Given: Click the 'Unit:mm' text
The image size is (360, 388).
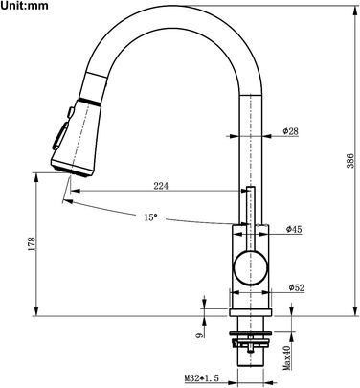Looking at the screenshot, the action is pyautogui.click(x=24, y=6).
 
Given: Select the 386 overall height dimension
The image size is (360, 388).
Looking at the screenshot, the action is pyautogui.click(x=350, y=161).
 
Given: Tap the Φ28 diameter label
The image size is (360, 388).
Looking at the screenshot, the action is pyautogui.click(x=290, y=131).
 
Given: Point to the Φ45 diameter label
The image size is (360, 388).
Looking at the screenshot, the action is pyautogui.click(x=294, y=229).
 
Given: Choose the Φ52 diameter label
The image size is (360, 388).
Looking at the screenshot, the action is pyautogui.click(x=297, y=287).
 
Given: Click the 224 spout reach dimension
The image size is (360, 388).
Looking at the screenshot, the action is pyautogui.click(x=161, y=186).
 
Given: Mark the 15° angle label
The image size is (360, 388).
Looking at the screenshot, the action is pyautogui.click(x=150, y=217).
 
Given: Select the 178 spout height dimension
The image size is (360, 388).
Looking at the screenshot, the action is pyautogui.click(x=32, y=243).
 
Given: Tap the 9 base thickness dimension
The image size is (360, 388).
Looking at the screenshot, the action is pyautogui.click(x=199, y=334).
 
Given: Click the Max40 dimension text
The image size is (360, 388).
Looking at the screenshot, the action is pyautogui.click(x=287, y=357).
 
